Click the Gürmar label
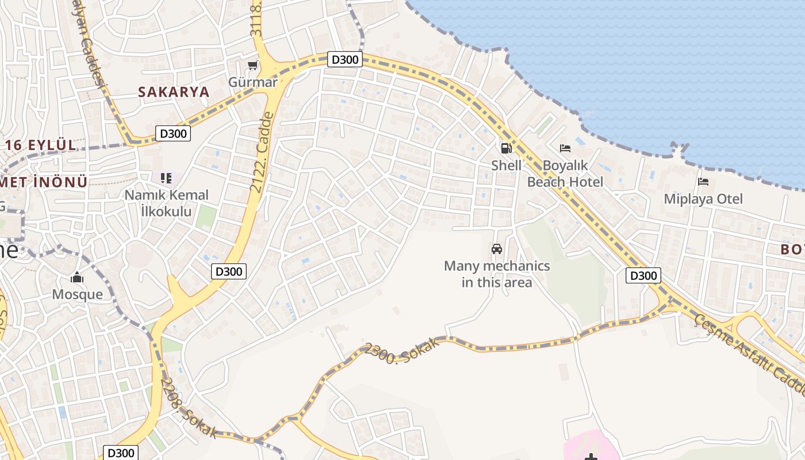252,82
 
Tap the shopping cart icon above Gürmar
252,66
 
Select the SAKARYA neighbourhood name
173,92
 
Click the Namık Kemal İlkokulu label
167,203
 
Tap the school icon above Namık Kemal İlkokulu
166,178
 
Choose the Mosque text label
78,294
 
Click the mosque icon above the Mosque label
77,278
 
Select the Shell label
506,166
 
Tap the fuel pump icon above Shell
506,148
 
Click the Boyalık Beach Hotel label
565,174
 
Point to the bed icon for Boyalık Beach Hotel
565,148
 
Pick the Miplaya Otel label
703,199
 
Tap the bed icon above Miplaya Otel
703,182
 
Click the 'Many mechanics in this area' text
497,274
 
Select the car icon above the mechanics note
497,249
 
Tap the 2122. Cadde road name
261,153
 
